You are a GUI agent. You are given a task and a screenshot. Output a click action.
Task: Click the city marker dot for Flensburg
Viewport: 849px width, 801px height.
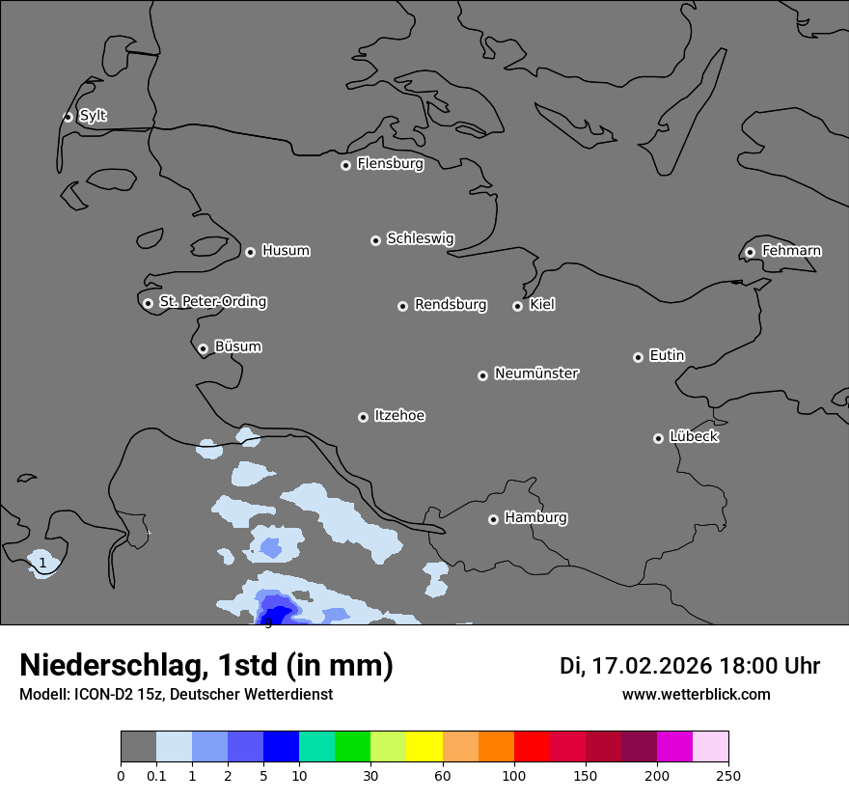tap(345, 165)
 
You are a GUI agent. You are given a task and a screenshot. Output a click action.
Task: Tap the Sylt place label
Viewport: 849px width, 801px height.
tap(93, 116)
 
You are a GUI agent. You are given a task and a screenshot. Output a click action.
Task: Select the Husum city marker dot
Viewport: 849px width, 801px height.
tap(250, 252)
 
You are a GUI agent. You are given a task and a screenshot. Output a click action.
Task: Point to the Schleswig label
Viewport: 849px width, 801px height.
tap(420, 238)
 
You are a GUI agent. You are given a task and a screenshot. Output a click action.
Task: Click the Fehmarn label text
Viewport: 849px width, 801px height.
tap(791, 251)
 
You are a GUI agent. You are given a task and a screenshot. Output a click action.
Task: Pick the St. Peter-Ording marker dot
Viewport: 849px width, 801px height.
tap(148, 303)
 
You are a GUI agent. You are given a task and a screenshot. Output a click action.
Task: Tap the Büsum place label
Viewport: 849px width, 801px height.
tap(237, 346)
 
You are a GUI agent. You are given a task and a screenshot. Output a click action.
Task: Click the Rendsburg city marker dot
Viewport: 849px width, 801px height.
tap(402, 306)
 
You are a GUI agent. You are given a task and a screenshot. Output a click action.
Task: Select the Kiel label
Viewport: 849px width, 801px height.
tap(542, 305)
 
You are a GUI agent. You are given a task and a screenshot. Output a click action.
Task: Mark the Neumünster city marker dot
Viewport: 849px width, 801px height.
tap(482, 375)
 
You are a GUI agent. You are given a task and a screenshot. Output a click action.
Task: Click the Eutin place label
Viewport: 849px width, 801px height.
tap(667, 356)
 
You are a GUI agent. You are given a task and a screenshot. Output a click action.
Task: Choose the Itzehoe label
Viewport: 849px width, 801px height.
tap(399, 416)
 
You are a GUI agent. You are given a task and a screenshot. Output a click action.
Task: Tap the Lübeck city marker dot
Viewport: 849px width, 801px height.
tap(658, 438)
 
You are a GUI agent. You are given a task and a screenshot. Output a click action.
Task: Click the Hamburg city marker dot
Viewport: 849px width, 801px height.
tap(493, 519)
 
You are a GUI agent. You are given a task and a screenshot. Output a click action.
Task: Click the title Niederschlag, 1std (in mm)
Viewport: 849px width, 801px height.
tap(206, 666)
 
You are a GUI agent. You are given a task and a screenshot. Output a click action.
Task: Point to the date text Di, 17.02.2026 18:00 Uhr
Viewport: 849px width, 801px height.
tap(689, 666)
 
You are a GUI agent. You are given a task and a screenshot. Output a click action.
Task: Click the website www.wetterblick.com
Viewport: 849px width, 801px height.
tap(696, 695)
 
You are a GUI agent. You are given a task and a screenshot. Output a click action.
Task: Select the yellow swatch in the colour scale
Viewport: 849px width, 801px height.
tap(424, 747)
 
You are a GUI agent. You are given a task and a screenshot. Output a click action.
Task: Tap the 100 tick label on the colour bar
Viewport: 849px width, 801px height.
tap(514, 775)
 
